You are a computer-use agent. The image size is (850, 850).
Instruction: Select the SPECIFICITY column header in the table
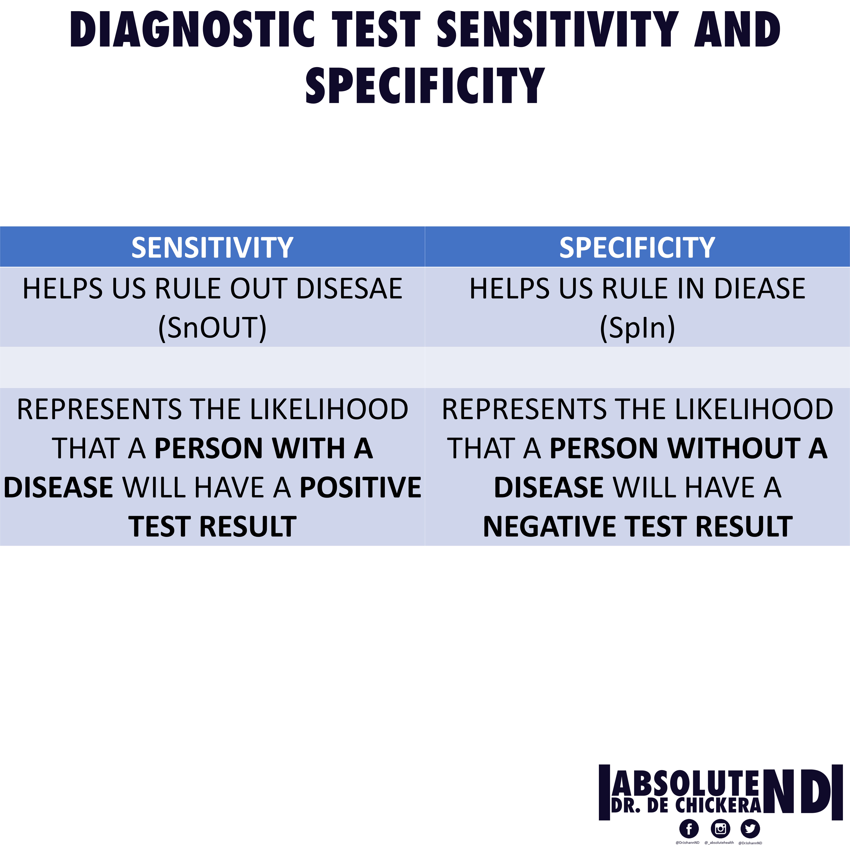(637, 247)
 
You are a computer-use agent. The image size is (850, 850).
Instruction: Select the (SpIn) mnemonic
(637, 328)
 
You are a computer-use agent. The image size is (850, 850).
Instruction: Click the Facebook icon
(689, 829)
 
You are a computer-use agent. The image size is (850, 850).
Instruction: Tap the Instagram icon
(720, 829)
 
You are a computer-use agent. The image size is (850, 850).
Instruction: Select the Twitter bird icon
(750, 829)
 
